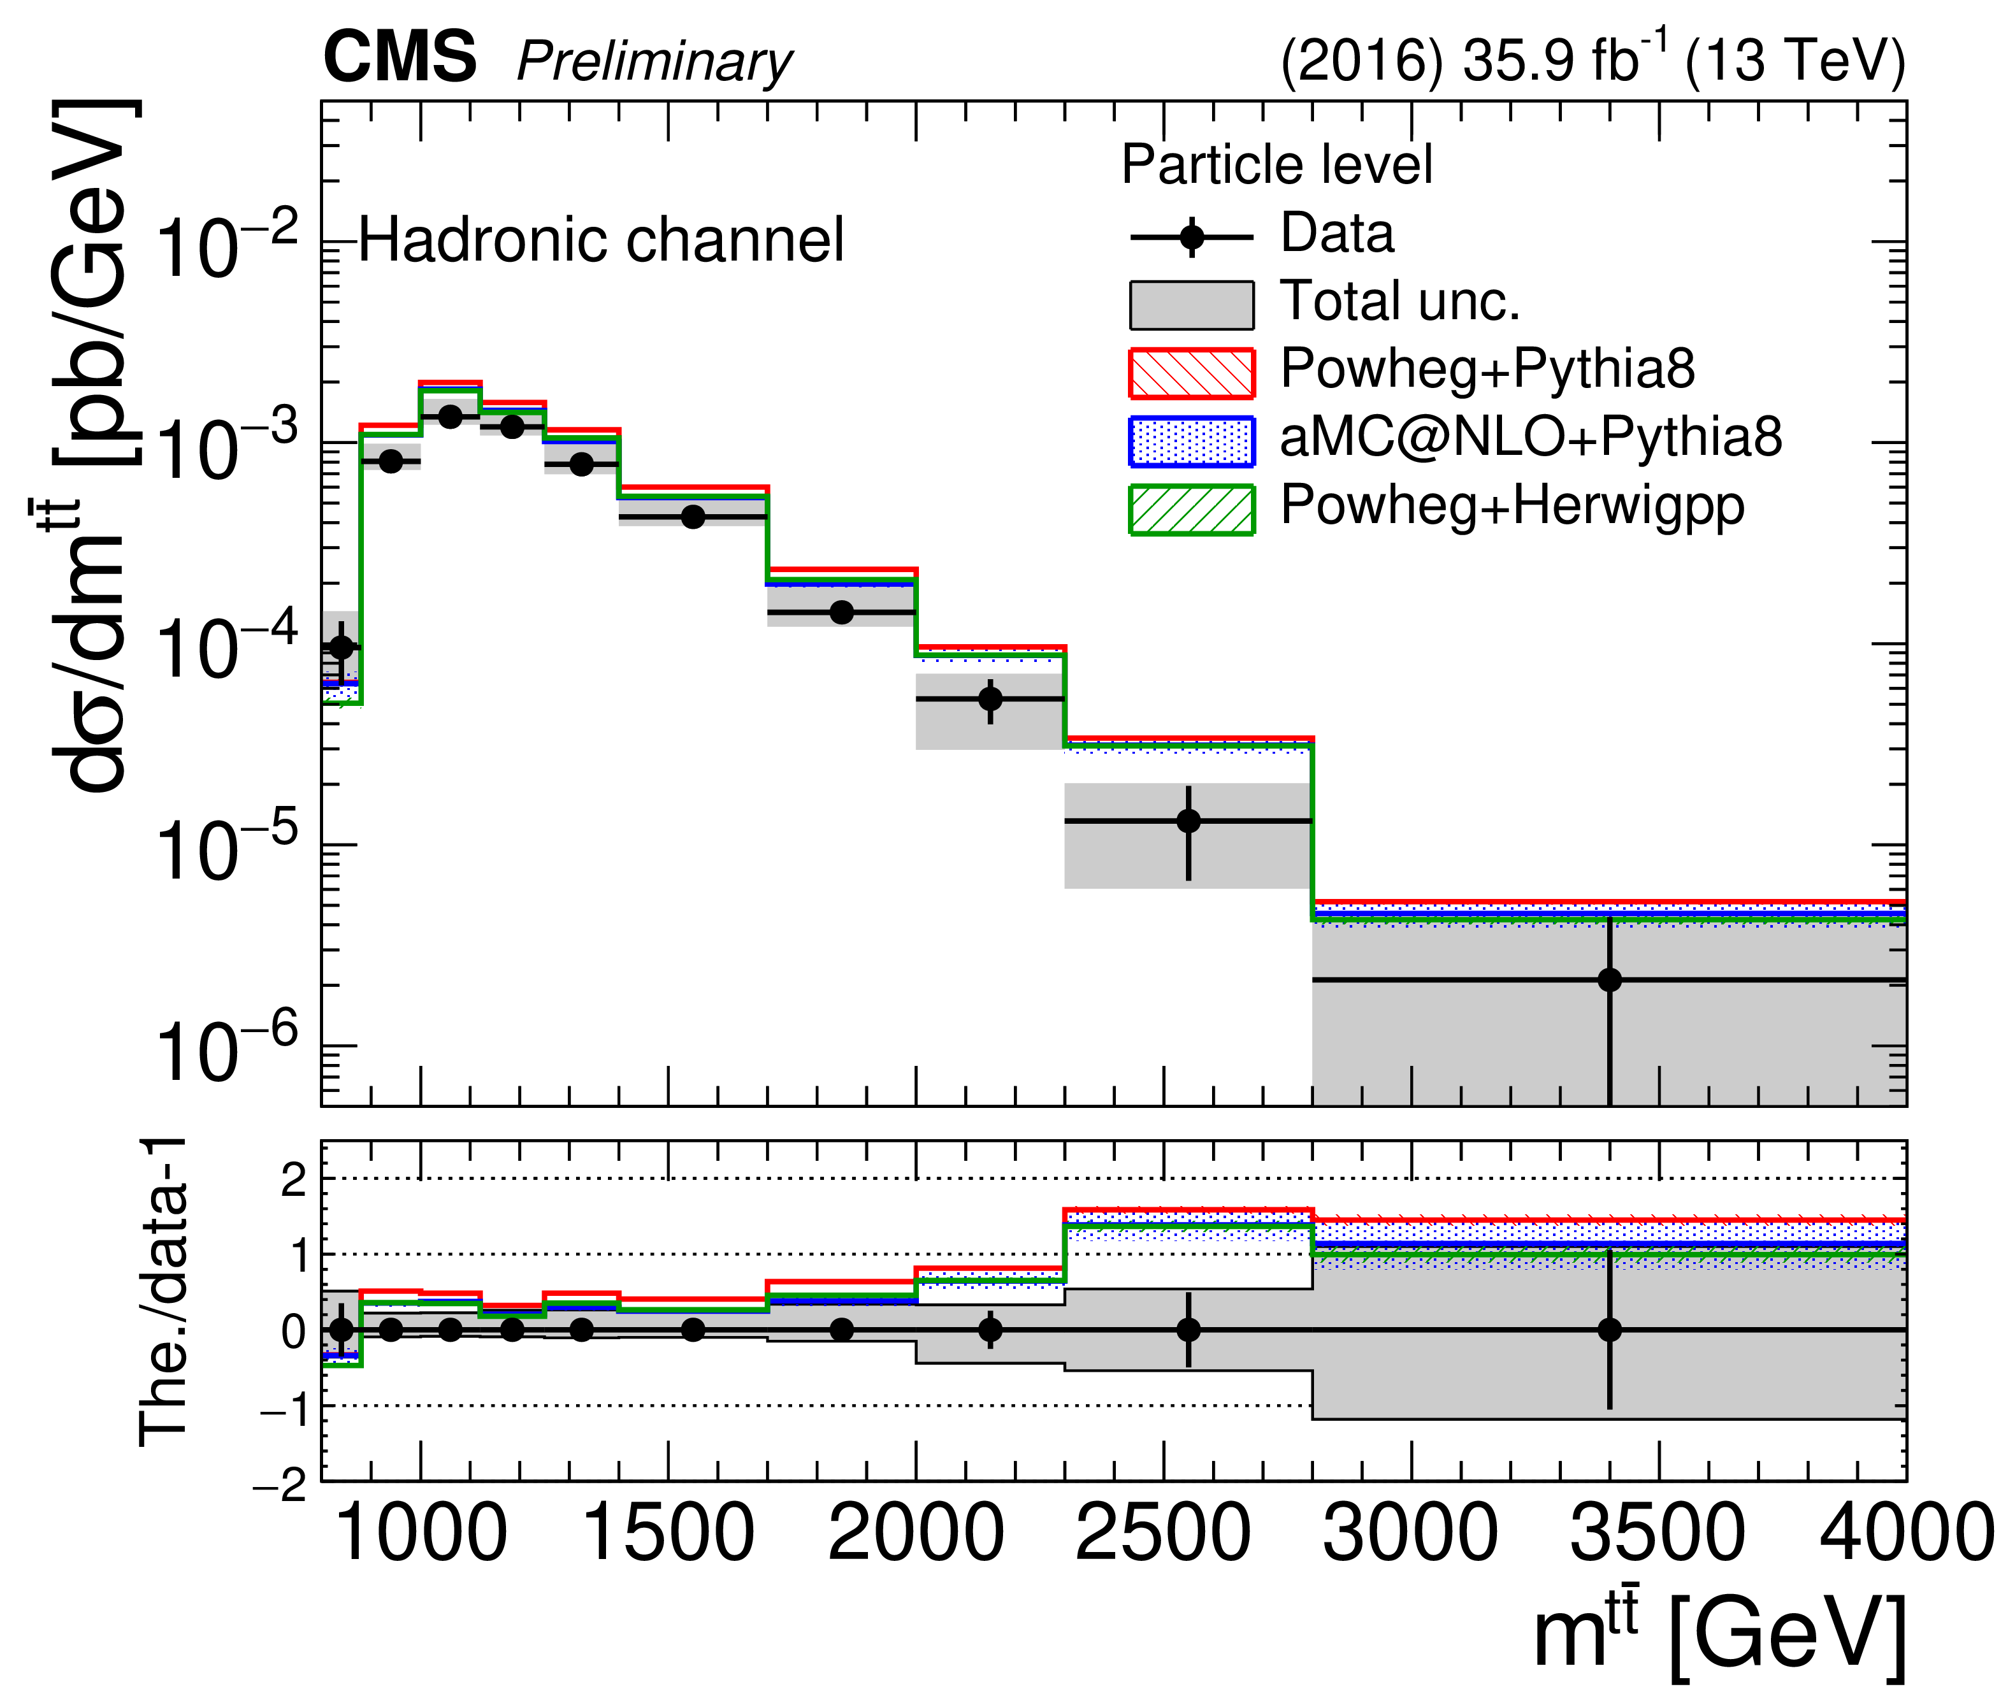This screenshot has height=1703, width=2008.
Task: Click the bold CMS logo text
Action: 400,58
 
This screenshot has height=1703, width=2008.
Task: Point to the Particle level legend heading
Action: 1276,164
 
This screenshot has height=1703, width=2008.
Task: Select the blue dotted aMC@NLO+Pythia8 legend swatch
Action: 1191,441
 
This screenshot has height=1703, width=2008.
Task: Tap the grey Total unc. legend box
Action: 1191,305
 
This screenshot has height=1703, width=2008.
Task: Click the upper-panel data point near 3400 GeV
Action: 1609,980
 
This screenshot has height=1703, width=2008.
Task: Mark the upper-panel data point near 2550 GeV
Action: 1188,821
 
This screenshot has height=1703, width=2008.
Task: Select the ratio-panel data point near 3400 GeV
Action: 1609,1330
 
